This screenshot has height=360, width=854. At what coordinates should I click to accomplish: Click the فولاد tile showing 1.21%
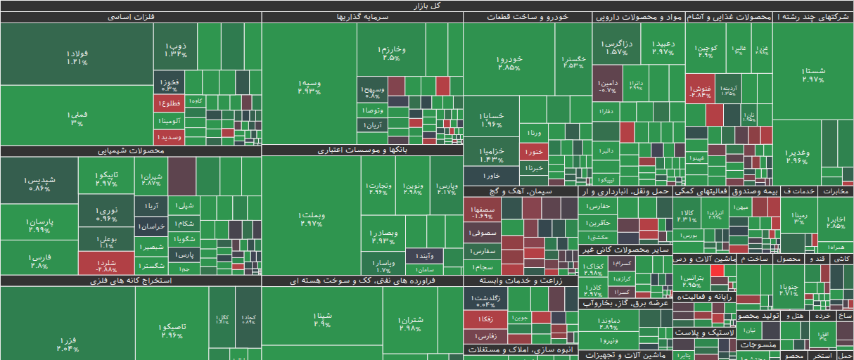pyautogui.click(x=77, y=56)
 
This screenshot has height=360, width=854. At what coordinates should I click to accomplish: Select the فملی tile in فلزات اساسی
pyautogui.click(x=77, y=117)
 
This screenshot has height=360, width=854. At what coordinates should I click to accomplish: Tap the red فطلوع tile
pyautogui.click(x=169, y=103)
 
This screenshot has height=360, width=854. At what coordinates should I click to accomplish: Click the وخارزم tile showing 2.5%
pyautogui.click(x=393, y=52)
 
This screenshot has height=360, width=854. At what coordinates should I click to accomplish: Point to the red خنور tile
pyautogui.click(x=534, y=150)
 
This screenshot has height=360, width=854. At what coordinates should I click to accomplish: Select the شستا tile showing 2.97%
pyautogui.click(x=812, y=74)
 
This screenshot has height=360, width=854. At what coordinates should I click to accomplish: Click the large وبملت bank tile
pyautogui.click(x=310, y=219)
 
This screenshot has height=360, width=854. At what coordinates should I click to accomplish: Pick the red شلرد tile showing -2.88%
pyautogui.click(x=106, y=263)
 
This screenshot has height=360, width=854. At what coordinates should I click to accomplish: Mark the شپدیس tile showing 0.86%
pyautogui.click(x=39, y=184)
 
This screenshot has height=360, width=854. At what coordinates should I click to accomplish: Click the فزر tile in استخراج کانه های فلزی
pyautogui.click(x=68, y=343)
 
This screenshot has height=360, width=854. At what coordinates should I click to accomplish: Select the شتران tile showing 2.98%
pyautogui.click(x=410, y=323)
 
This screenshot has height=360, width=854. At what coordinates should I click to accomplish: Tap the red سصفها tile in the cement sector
pyautogui.click(x=482, y=212)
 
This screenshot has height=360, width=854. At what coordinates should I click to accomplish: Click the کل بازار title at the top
pyautogui.click(x=426, y=5)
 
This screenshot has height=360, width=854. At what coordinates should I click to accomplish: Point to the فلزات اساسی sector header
pyautogui.click(x=131, y=17)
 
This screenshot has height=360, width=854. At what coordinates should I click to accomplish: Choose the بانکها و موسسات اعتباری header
pyautogui.click(x=362, y=150)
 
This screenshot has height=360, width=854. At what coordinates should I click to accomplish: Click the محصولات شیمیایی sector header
pyautogui.click(x=130, y=150)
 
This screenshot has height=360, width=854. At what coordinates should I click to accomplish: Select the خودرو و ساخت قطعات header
pyautogui.click(x=528, y=17)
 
